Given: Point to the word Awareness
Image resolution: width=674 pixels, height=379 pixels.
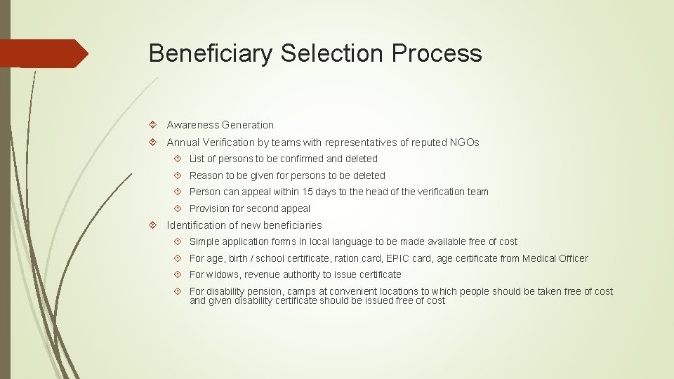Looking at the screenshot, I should click(x=192, y=125).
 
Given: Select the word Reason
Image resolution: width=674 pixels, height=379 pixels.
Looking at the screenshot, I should click(x=206, y=175).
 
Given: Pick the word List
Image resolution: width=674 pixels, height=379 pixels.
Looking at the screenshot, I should click(x=197, y=159).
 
